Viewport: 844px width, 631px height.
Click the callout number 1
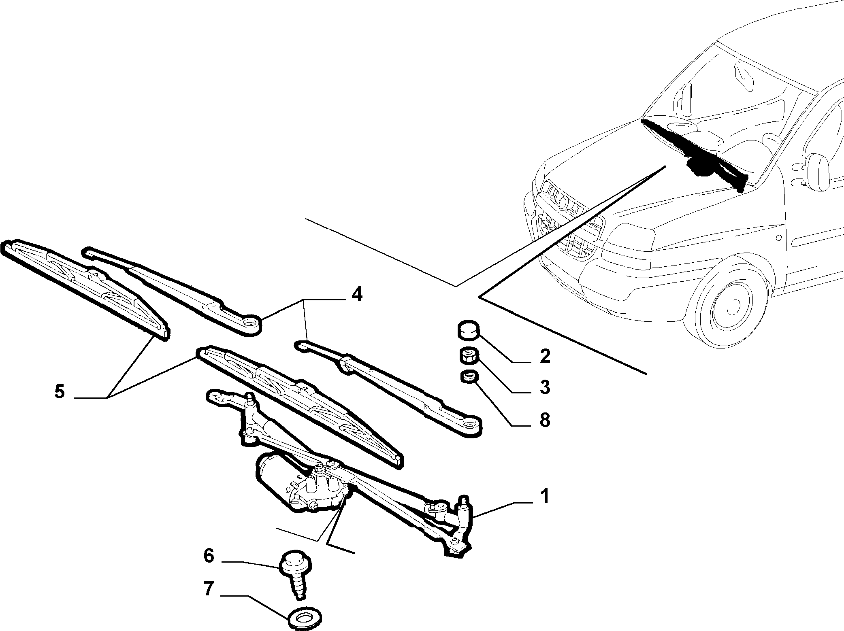click(x=545, y=496)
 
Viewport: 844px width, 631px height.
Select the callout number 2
click(x=545, y=356)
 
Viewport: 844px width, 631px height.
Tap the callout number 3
click(x=545, y=387)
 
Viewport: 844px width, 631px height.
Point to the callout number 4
click(x=356, y=295)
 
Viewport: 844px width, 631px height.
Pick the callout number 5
click(x=59, y=391)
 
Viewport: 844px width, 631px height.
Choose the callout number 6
click(x=208, y=556)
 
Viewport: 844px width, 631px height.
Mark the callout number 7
click(x=208, y=589)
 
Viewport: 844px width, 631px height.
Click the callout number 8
click(x=545, y=420)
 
